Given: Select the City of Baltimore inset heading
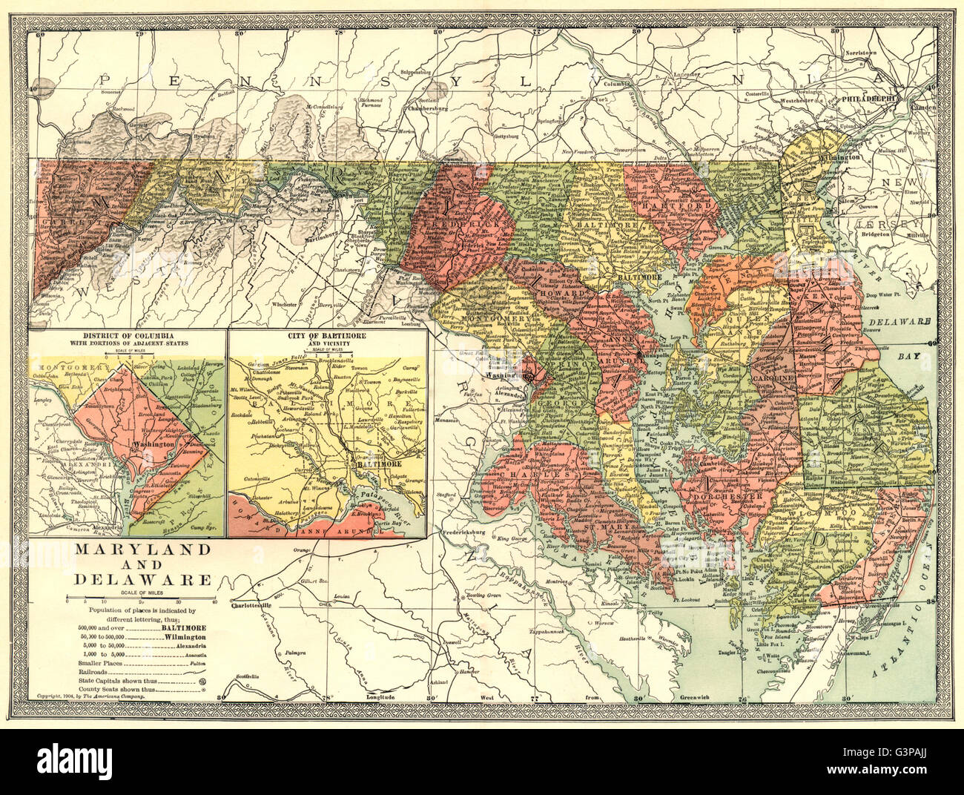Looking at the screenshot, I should click(326, 336).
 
